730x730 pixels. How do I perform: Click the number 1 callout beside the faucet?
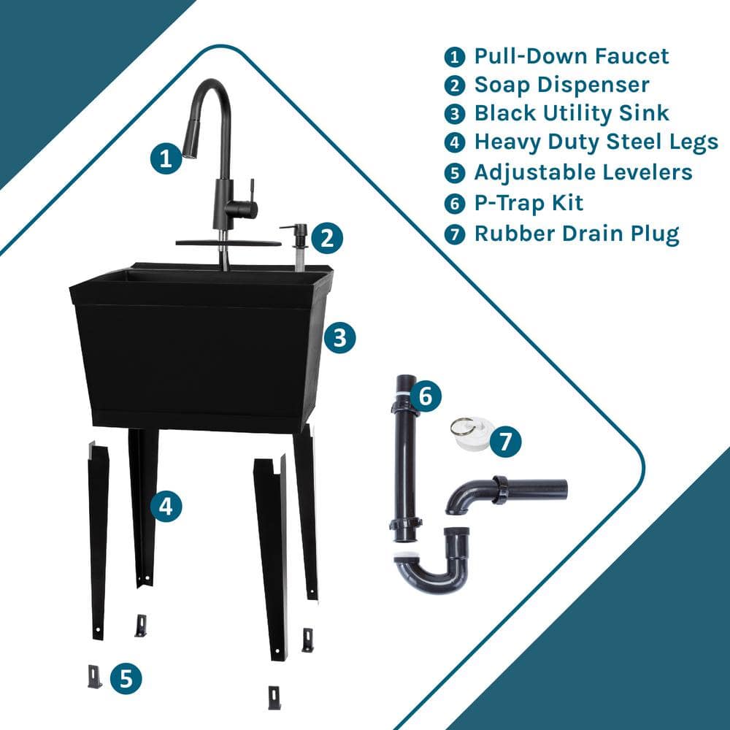pyautogui.click(x=166, y=158)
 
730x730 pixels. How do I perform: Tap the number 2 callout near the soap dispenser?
pyautogui.click(x=327, y=238)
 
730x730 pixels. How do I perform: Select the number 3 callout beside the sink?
pyautogui.click(x=340, y=337)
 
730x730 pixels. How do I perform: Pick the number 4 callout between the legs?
pyautogui.click(x=166, y=506)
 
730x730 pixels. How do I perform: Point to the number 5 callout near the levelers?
pyautogui.click(x=126, y=678)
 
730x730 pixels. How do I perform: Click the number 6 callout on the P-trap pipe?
pyautogui.click(x=426, y=396)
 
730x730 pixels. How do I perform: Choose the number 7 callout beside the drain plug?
pyautogui.click(x=505, y=441)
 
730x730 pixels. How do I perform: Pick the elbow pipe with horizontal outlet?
pyautogui.click(x=506, y=493)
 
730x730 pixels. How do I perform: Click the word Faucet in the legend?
pyautogui.click(x=631, y=56)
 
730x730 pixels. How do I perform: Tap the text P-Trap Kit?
pyautogui.click(x=529, y=203)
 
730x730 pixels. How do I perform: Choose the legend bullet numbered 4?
pyautogui.click(x=454, y=142)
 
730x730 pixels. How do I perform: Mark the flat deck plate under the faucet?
pyautogui.click(x=228, y=242)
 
